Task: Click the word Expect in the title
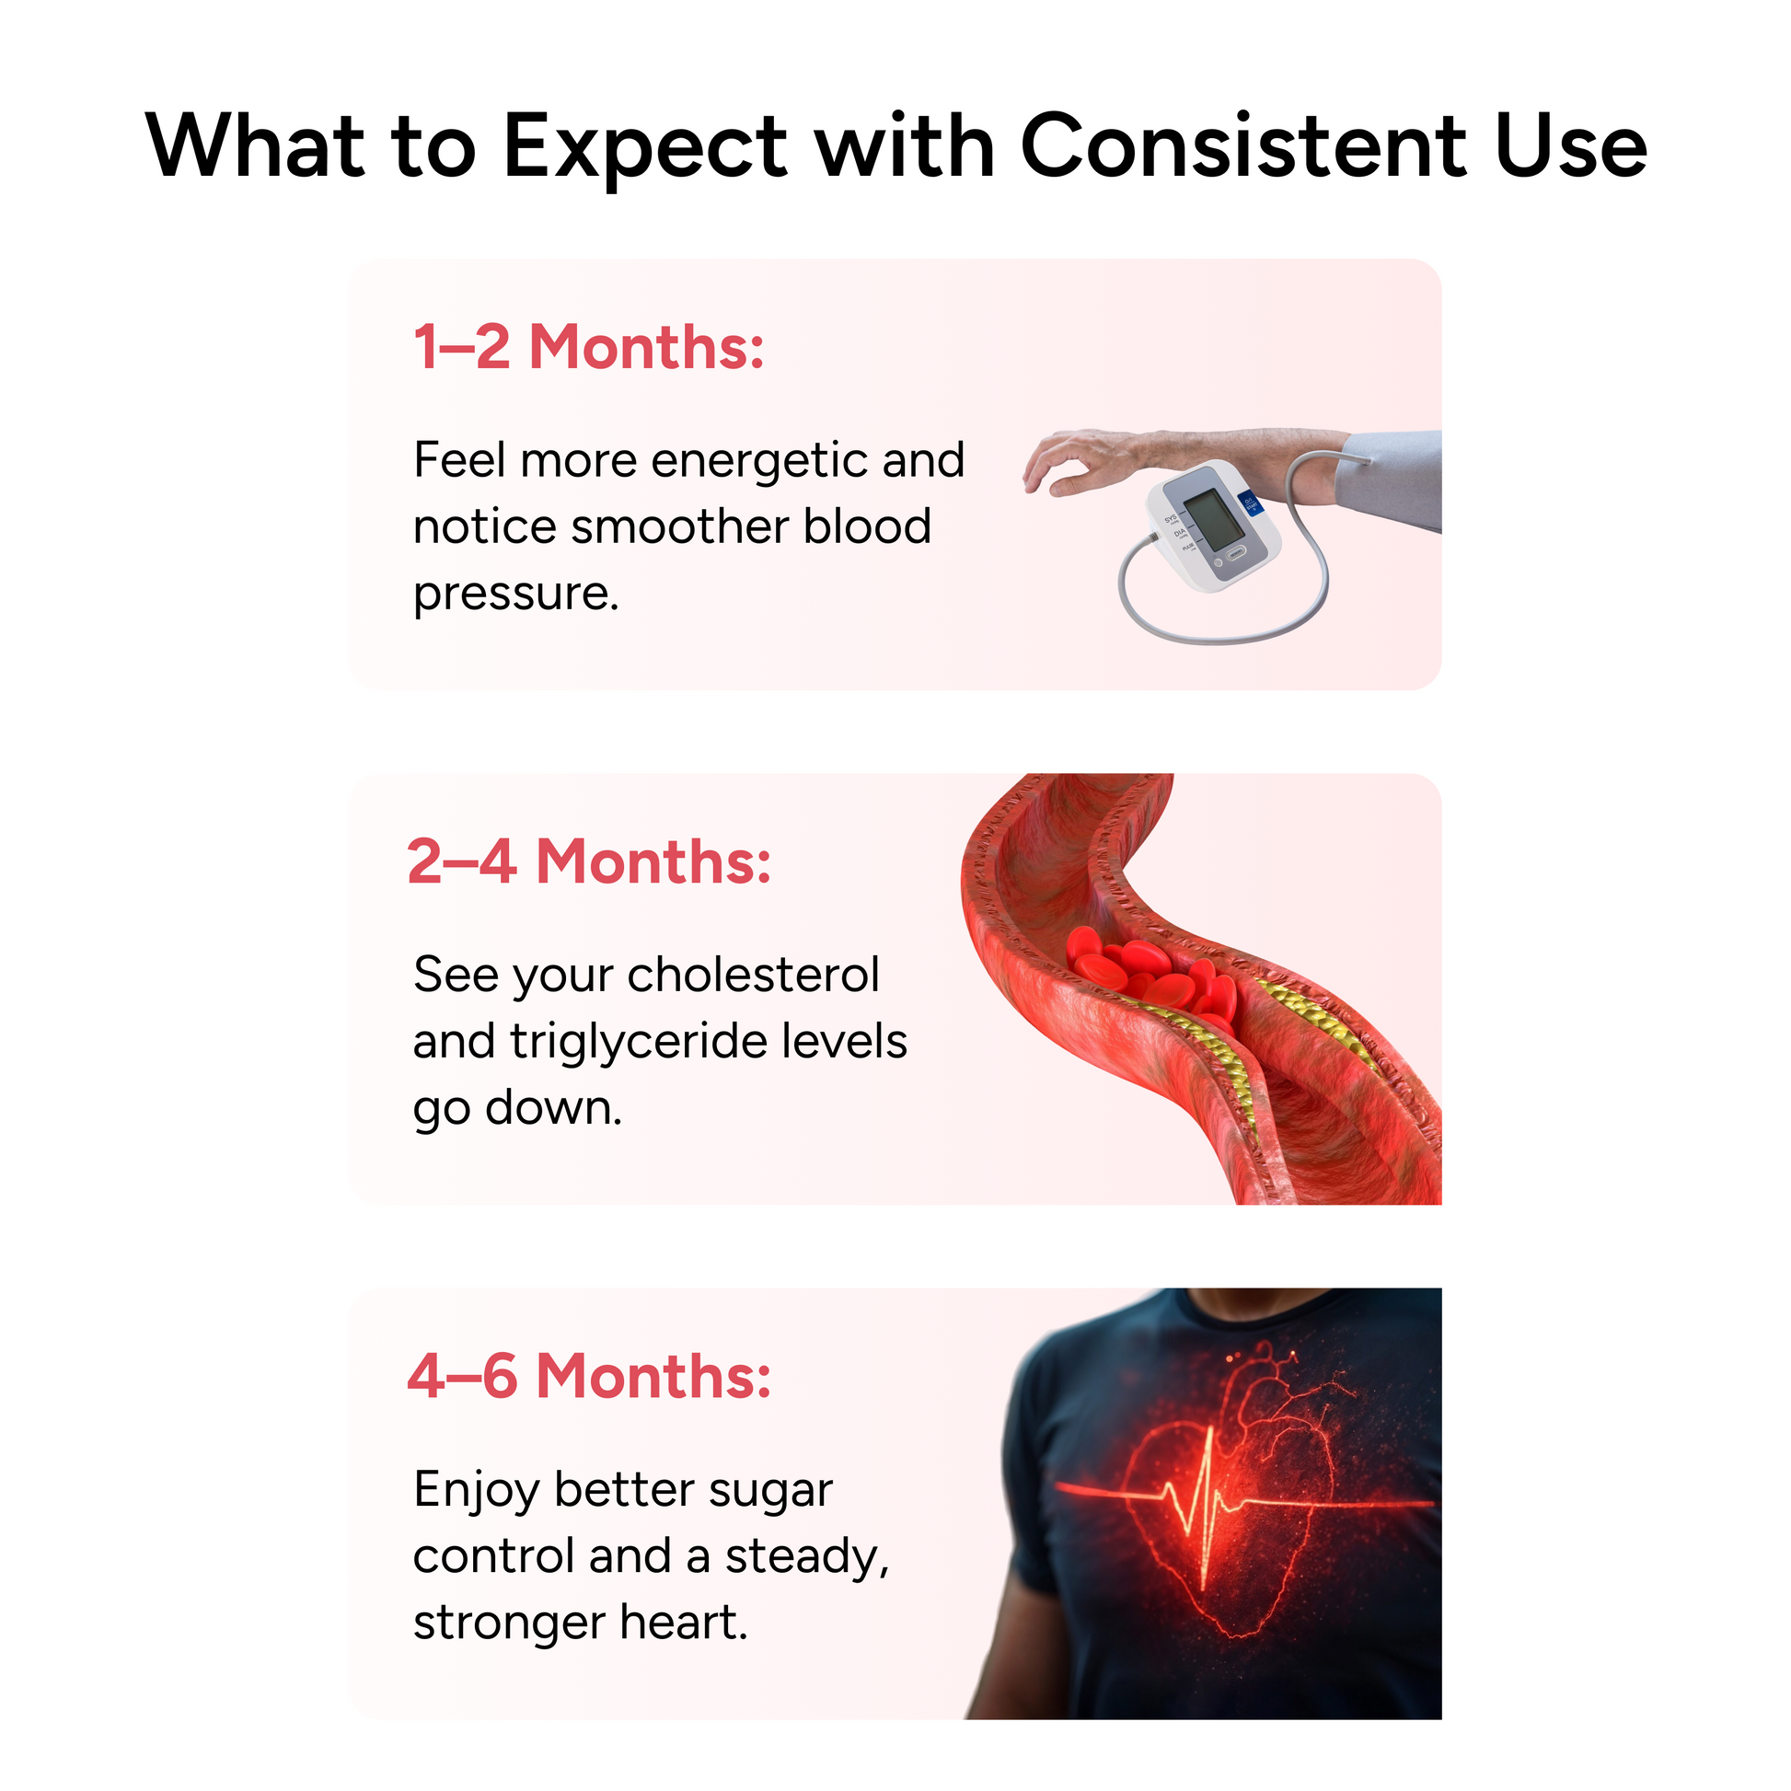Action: (645, 147)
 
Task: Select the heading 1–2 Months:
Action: (590, 347)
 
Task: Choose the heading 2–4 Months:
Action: (590, 861)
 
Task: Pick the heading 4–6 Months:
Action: (590, 1376)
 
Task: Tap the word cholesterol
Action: (753, 975)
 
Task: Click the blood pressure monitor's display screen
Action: (1213, 520)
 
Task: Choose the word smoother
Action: (679, 527)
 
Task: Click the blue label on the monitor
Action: (1251, 506)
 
